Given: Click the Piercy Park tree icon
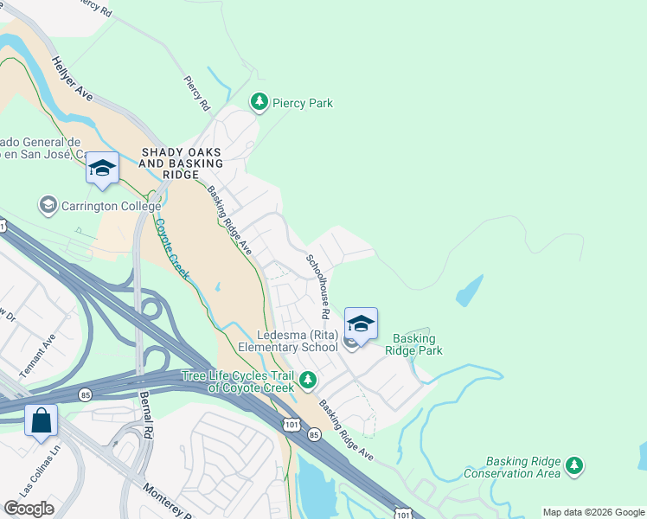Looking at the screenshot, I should point(259,103).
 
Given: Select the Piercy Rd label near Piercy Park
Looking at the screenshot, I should point(197,93).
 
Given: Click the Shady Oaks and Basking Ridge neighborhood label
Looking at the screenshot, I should point(182,163).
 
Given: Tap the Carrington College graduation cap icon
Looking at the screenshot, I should point(48,206).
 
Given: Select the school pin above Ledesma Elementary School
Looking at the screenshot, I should point(361,324).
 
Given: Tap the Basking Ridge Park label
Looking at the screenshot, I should point(418,344).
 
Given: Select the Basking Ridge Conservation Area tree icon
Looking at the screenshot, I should point(573,467).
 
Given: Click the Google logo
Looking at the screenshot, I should point(29,509).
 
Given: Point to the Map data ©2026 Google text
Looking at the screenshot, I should point(593,512).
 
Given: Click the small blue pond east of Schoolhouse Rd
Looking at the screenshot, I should point(469,291).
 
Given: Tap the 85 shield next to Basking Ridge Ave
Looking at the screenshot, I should point(314,434).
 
